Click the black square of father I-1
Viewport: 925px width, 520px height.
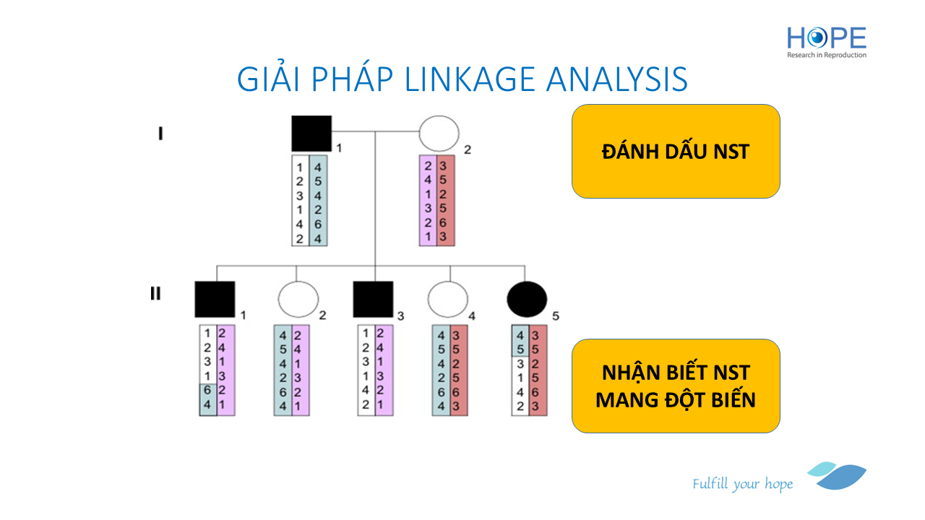pos(311,134)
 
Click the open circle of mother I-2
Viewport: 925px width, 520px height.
pos(439,134)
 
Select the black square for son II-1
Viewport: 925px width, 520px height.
pos(215,299)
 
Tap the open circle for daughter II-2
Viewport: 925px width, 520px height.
pos(298,299)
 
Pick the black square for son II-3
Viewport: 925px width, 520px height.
pos(373,299)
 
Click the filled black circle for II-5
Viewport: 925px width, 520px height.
pos(528,299)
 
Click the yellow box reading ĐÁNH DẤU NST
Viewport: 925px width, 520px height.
pos(676,151)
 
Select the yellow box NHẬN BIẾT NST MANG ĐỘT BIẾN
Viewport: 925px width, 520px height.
pos(676,386)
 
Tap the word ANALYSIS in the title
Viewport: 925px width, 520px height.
pos(617,79)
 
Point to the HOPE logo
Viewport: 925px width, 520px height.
pos(827,42)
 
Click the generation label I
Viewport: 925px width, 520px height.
pos(160,134)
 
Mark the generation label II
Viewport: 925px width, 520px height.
pos(155,294)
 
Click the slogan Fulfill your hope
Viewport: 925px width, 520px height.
pos(742,483)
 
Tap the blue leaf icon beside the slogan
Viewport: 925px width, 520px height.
pos(838,475)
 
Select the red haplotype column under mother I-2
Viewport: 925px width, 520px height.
pos(446,200)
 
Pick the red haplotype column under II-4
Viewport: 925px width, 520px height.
pos(458,370)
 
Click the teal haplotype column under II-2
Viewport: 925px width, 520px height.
pos(283,370)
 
